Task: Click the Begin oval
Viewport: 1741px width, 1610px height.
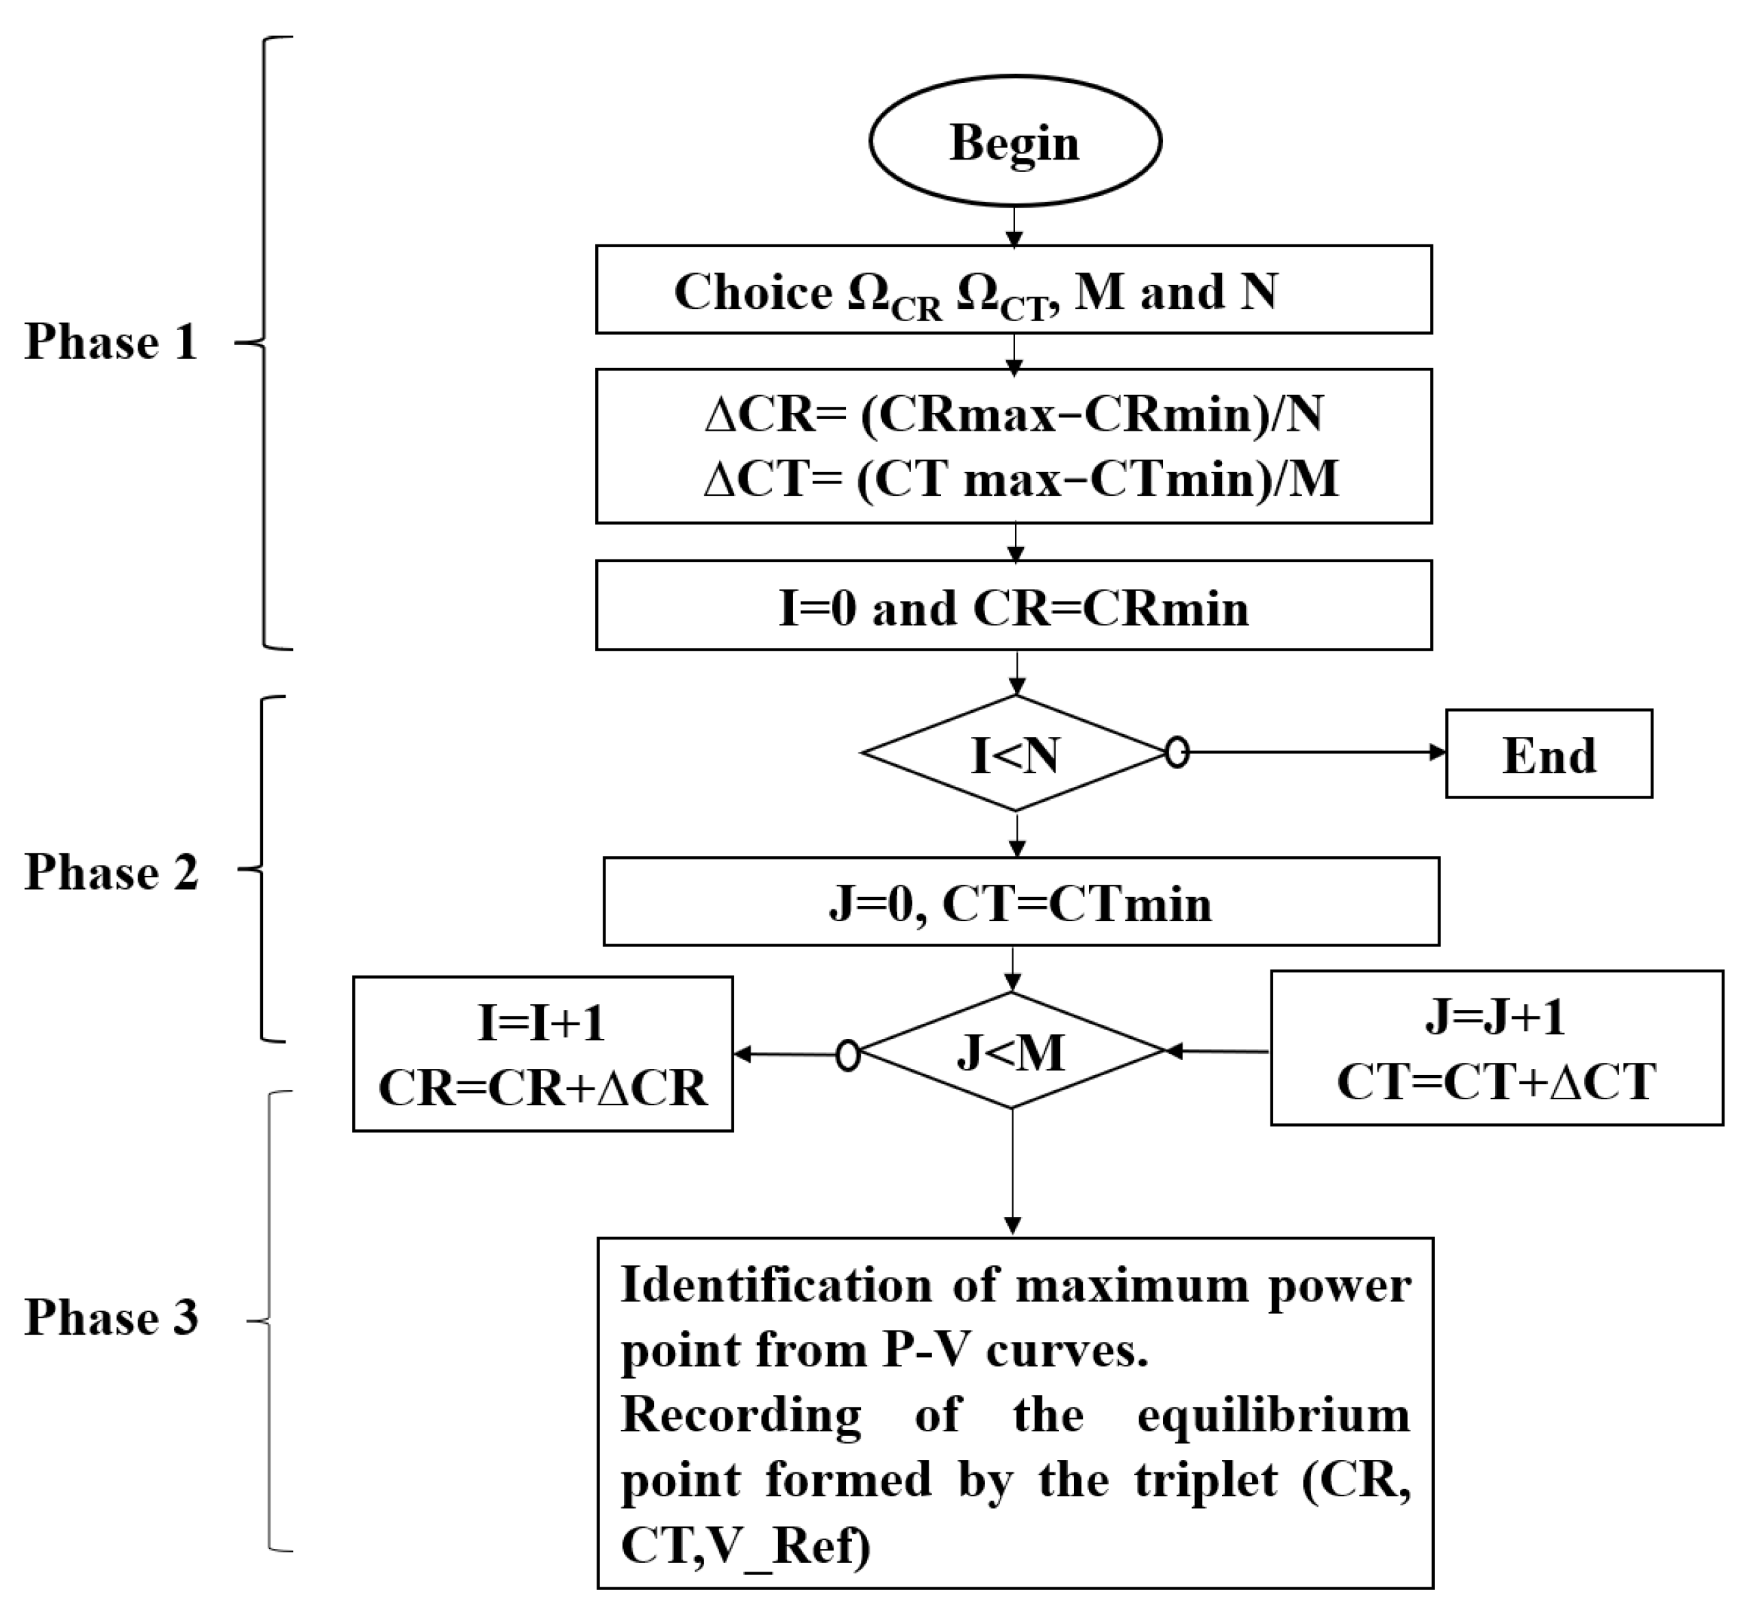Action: click(x=1014, y=142)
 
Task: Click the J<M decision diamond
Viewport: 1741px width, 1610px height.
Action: click(x=1011, y=1052)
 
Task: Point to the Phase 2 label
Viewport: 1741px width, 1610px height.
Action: click(x=112, y=871)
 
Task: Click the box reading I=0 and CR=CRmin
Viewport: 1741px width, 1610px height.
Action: click(x=1014, y=607)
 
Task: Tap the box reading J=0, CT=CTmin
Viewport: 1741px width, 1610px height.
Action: click(x=1020, y=903)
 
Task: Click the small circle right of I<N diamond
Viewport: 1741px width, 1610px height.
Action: click(x=1177, y=753)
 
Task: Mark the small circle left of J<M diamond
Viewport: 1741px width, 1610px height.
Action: click(x=847, y=1055)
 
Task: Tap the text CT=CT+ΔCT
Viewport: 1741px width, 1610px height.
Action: click(x=1496, y=1081)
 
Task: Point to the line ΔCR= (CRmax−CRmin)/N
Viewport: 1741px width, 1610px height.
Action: click(x=1014, y=415)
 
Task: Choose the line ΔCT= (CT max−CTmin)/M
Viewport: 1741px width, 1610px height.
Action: click(x=1020, y=478)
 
